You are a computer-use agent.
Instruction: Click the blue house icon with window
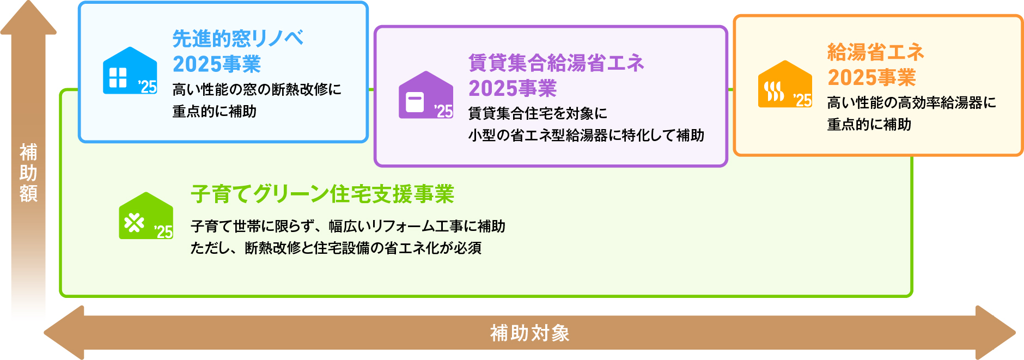tap(130, 71)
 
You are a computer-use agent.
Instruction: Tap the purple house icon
tap(425, 95)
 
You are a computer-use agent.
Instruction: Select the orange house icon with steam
tap(785, 84)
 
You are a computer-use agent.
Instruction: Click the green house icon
tap(146, 216)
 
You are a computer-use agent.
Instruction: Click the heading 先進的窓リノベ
tap(237, 38)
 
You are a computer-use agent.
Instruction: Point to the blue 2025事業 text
tap(216, 64)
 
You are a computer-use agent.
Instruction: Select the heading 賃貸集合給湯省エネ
tap(556, 63)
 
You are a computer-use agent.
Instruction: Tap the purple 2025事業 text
tap(513, 88)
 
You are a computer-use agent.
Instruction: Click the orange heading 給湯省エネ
tap(876, 52)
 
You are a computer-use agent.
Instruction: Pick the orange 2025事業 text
tap(871, 77)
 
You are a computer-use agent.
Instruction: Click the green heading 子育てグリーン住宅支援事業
tap(322, 194)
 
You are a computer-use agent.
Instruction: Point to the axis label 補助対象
tap(529, 333)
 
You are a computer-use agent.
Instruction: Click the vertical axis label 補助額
tap(28, 173)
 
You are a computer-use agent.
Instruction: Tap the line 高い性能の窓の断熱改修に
tap(257, 89)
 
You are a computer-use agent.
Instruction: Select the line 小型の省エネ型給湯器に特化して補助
tap(586, 135)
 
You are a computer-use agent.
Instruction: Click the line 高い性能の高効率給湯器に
tap(911, 102)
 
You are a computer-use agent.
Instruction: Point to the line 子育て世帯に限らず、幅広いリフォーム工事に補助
tap(348, 226)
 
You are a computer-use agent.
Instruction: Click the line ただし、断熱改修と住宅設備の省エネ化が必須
tap(336, 248)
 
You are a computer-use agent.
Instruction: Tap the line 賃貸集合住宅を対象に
tap(538, 113)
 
